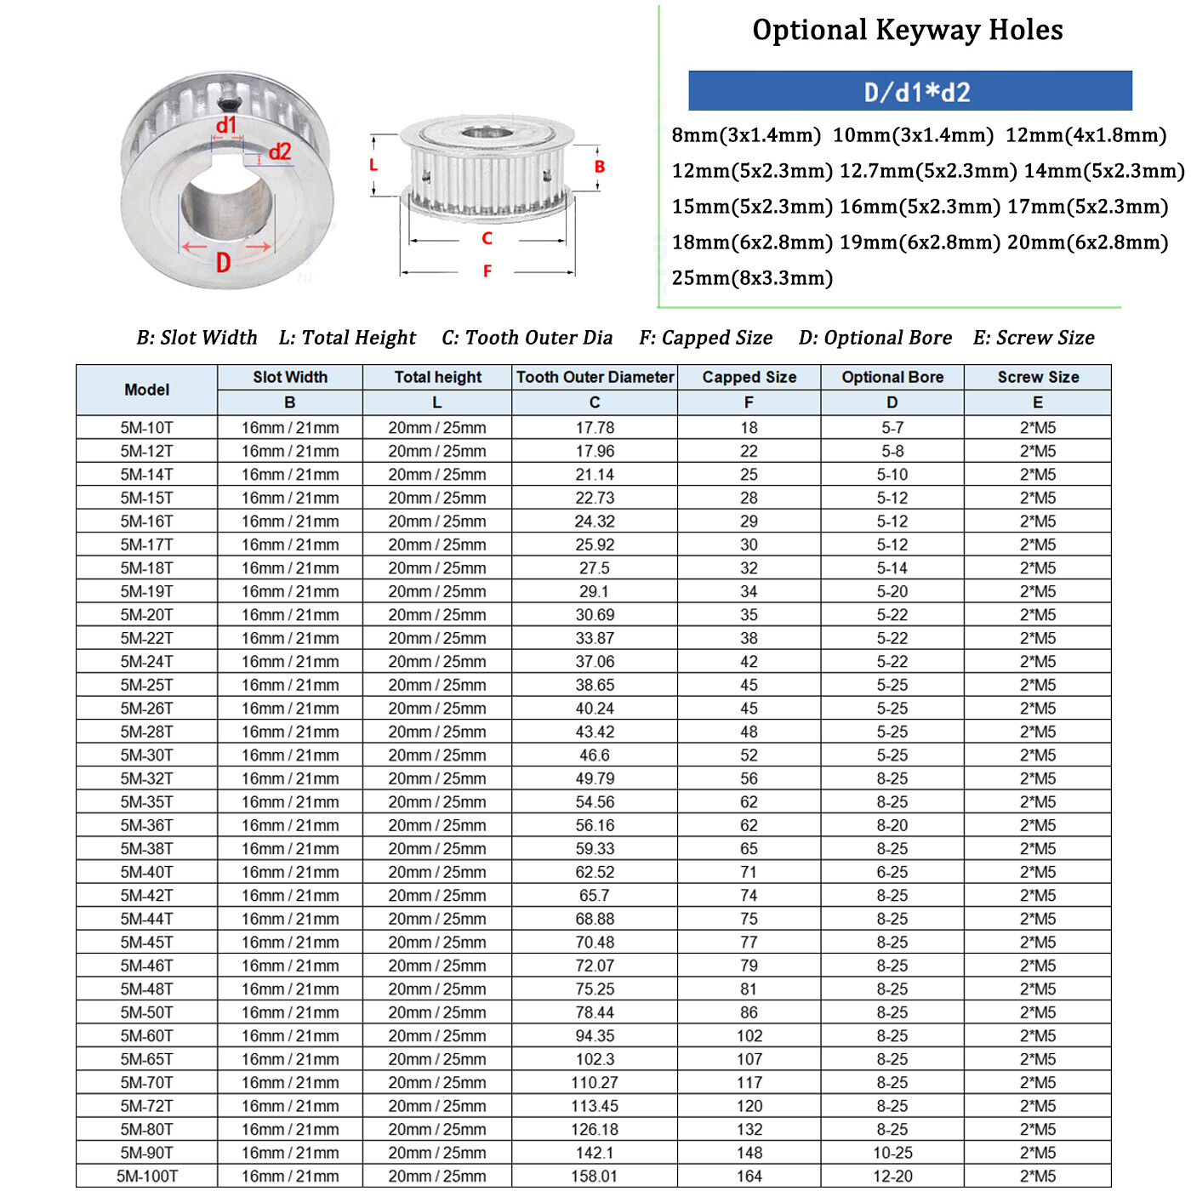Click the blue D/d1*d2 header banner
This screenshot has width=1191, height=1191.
pyautogui.click(x=909, y=91)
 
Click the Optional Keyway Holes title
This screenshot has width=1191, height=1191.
pyautogui.click(x=907, y=31)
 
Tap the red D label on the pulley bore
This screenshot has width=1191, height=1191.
pyautogui.click(x=223, y=263)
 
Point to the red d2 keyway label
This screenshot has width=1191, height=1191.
pyautogui.click(x=280, y=152)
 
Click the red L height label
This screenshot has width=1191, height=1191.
pyautogui.click(x=373, y=165)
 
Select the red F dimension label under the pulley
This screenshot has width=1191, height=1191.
pyautogui.click(x=487, y=271)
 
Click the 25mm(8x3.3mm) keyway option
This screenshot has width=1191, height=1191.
pyautogui.click(x=752, y=278)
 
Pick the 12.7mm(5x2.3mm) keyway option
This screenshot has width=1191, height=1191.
pyautogui.click(x=927, y=171)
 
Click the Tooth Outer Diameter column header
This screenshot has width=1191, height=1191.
pyautogui.click(x=595, y=377)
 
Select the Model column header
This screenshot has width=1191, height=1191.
pyautogui.click(x=146, y=390)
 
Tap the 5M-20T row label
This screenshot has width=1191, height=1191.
pyautogui.click(x=146, y=615)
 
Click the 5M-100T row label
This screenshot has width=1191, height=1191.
pyautogui.click(x=146, y=1177)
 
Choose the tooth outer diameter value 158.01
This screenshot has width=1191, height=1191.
pyautogui.click(x=595, y=1177)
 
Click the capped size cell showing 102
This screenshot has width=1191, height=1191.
pyautogui.click(x=749, y=1036)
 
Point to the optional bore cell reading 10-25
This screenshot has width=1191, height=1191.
pyautogui.click(x=892, y=1153)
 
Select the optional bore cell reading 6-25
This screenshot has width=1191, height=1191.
pyautogui.click(x=892, y=872)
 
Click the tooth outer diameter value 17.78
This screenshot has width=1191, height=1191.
pyautogui.click(x=595, y=428)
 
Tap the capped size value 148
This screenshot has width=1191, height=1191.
pyautogui.click(x=749, y=1153)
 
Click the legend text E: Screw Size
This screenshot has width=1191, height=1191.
pyautogui.click(x=1034, y=338)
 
